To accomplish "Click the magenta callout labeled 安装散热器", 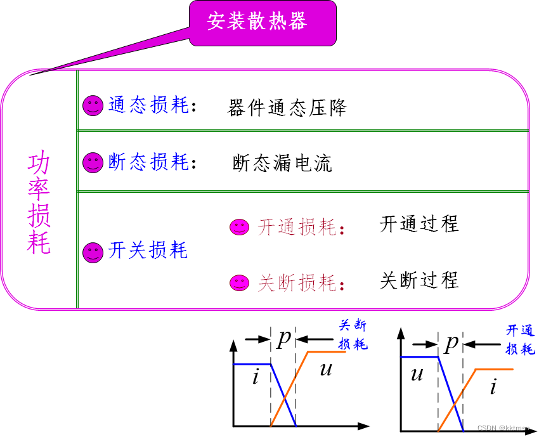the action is click(262, 22).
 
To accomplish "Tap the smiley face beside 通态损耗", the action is click(93, 105).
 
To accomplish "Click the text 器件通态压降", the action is click(287, 108).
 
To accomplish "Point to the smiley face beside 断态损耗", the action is click(93, 162).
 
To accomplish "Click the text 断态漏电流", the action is click(282, 164).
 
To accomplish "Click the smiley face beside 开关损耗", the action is click(93, 252).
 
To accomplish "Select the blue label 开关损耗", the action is click(148, 251).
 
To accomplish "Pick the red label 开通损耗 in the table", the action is click(297, 227).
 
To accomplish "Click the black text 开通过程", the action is click(419, 224).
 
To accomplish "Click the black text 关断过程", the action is click(419, 280).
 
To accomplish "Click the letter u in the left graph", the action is click(326, 369).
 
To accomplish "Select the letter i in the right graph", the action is click(493, 386).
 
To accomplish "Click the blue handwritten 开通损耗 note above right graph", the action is click(520, 339).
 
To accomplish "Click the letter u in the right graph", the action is click(417, 374).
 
